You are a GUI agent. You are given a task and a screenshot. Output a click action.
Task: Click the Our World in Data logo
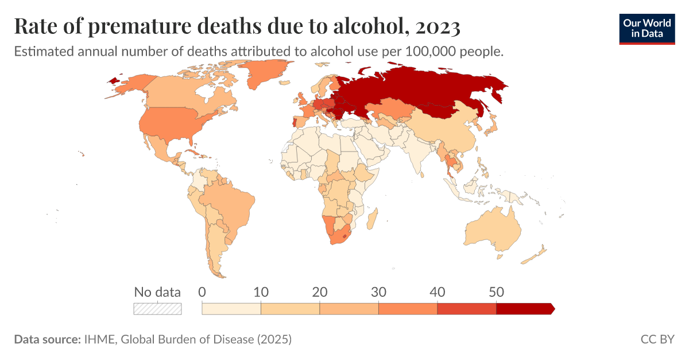[x=647, y=29]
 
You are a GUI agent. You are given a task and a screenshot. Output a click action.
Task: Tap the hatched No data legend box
[x=157, y=309]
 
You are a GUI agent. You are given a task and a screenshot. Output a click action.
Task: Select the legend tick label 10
[x=261, y=292]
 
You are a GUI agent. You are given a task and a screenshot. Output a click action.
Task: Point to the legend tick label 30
[x=378, y=292]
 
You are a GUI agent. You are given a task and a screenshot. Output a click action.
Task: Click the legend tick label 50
[x=496, y=292]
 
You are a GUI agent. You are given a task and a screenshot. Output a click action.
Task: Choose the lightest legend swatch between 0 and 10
[x=231, y=309]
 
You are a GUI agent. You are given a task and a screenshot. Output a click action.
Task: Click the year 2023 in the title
[x=438, y=26]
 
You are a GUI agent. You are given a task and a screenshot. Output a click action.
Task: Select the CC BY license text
[x=657, y=339]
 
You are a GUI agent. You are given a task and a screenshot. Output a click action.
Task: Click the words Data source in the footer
[x=47, y=339]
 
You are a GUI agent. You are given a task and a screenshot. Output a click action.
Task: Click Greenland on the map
[x=266, y=72]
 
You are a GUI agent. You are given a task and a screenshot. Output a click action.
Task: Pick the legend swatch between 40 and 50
[x=467, y=309]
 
